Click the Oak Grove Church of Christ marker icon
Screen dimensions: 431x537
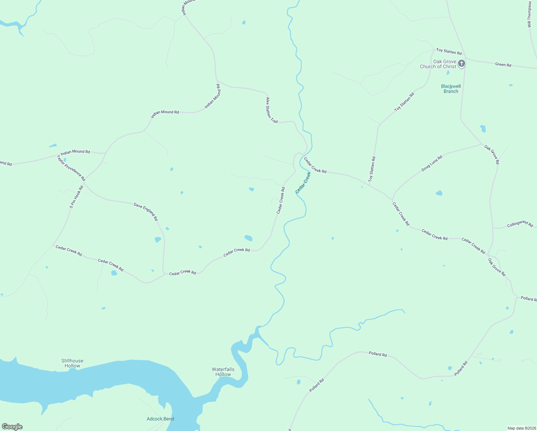(462, 64)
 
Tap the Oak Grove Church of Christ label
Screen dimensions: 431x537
(438, 64)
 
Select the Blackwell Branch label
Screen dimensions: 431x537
(451, 89)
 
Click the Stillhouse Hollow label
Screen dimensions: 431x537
(72, 363)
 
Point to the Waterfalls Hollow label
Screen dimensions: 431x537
(223, 372)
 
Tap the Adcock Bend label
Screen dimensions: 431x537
(160, 419)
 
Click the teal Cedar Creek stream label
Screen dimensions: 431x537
(303, 182)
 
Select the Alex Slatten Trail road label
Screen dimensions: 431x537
(272, 110)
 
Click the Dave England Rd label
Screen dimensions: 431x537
(146, 212)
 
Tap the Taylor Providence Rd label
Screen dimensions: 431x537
(71, 168)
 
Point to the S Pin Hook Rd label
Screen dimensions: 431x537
(76, 197)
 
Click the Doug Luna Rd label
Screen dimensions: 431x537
(432, 163)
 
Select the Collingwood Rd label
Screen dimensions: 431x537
(520, 224)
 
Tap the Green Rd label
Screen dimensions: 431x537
(503, 65)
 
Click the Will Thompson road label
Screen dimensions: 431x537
(529, 14)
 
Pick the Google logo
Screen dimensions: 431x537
(12, 427)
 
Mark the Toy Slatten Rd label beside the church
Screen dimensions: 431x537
(449, 52)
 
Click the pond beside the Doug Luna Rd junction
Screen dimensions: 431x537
(439, 193)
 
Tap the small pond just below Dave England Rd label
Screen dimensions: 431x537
(167, 229)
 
